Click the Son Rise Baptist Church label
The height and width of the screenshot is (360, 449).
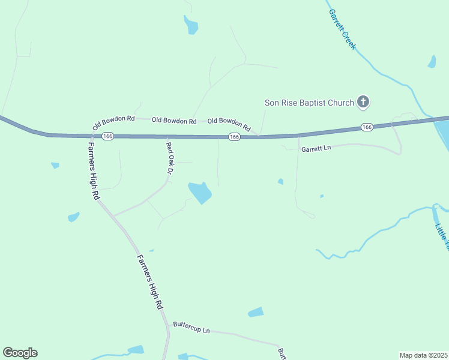(x=309, y=103)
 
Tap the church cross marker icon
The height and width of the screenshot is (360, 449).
(x=363, y=102)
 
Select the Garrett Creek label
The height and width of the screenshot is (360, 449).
(x=342, y=28)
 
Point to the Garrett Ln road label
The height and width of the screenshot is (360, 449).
(x=316, y=149)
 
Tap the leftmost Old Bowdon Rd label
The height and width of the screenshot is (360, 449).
(x=113, y=122)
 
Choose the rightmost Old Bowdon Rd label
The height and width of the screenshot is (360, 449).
(x=229, y=124)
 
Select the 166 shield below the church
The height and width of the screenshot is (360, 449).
(x=367, y=127)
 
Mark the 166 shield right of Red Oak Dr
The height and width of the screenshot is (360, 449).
(x=234, y=137)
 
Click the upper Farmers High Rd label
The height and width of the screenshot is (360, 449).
(x=94, y=170)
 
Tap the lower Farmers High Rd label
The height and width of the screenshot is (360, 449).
(x=149, y=282)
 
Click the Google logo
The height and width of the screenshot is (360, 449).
(x=20, y=353)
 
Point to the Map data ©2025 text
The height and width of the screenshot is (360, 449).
(x=423, y=355)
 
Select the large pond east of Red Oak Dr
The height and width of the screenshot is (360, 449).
(x=200, y=192)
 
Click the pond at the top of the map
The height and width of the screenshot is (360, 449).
(x=191, y=25)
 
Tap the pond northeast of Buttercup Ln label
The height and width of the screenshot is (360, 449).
(x=256, y=312)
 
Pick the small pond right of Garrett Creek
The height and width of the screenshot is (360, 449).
(x=432, y=61)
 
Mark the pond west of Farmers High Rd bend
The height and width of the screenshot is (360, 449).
(x=73, y=217)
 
